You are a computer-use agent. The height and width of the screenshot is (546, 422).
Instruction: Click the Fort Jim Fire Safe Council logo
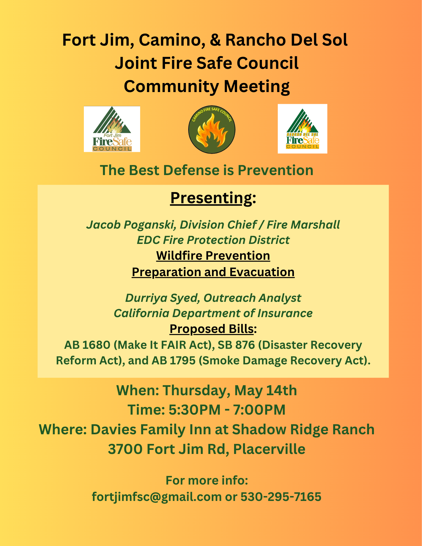[x=112, y=129]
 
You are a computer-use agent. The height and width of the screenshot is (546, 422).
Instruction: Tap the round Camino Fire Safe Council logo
[x=212, y=129]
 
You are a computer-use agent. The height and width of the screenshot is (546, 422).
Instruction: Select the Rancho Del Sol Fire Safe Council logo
[x=302, y=129]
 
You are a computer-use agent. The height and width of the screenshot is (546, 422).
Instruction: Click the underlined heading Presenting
[x=211, y=198]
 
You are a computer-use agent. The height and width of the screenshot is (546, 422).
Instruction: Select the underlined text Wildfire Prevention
[x=213, y=256]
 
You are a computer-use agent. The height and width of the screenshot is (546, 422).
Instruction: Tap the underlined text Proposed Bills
[x=211, y=329]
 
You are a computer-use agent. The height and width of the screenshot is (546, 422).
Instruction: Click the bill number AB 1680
[x=87, y=345]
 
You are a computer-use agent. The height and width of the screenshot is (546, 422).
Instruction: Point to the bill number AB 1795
[x=174, y=361]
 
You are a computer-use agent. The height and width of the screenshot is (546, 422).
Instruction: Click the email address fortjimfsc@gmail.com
[x=157, y=497]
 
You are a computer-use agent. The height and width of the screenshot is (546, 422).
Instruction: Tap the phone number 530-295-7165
[x=281, y=497]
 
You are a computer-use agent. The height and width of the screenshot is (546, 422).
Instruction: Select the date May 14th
[x=265, y=390]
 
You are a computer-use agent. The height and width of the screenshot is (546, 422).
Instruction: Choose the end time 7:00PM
[x=259, y=410]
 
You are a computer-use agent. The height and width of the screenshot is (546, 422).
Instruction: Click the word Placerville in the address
[x=269, y=449]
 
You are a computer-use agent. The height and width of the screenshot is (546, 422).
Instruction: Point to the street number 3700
[x=125, y=449]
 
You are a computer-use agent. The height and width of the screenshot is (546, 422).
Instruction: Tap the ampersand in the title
[x=215, y=40]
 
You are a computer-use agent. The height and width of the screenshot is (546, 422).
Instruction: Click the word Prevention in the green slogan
[x=275, y=170]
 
